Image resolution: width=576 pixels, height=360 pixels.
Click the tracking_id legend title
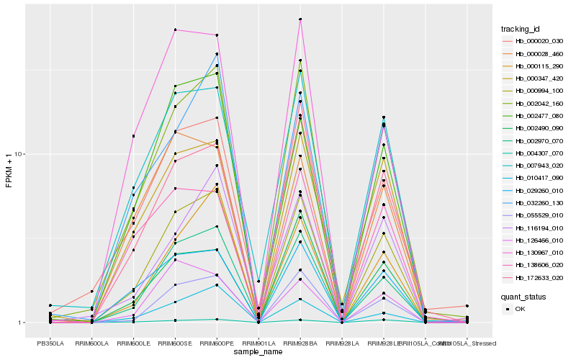coord(521,29)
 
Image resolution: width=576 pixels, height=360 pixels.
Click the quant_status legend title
coord(523,296)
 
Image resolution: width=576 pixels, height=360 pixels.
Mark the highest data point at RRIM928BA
coord(300,19)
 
